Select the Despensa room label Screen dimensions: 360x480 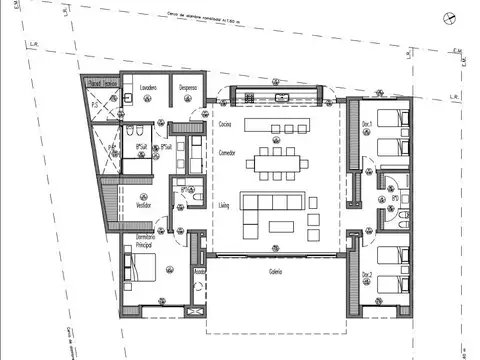click(x=186, y=88)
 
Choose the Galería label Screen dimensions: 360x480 click(x=275, y=273)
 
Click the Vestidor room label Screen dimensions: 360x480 click(x=144, y=203)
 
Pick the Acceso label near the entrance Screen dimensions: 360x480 click(x=199, y=271)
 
